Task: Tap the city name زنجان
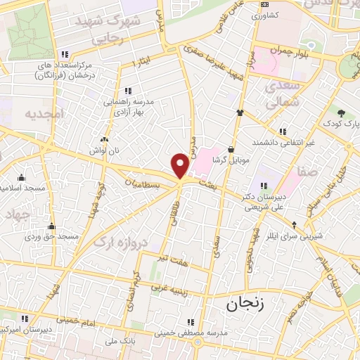246,304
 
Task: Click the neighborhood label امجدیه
44,113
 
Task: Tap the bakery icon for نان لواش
105,139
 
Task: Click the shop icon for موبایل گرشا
231,149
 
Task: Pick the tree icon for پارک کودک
341,113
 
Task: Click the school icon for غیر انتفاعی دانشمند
283,131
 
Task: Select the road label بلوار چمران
293,56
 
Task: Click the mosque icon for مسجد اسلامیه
20,178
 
